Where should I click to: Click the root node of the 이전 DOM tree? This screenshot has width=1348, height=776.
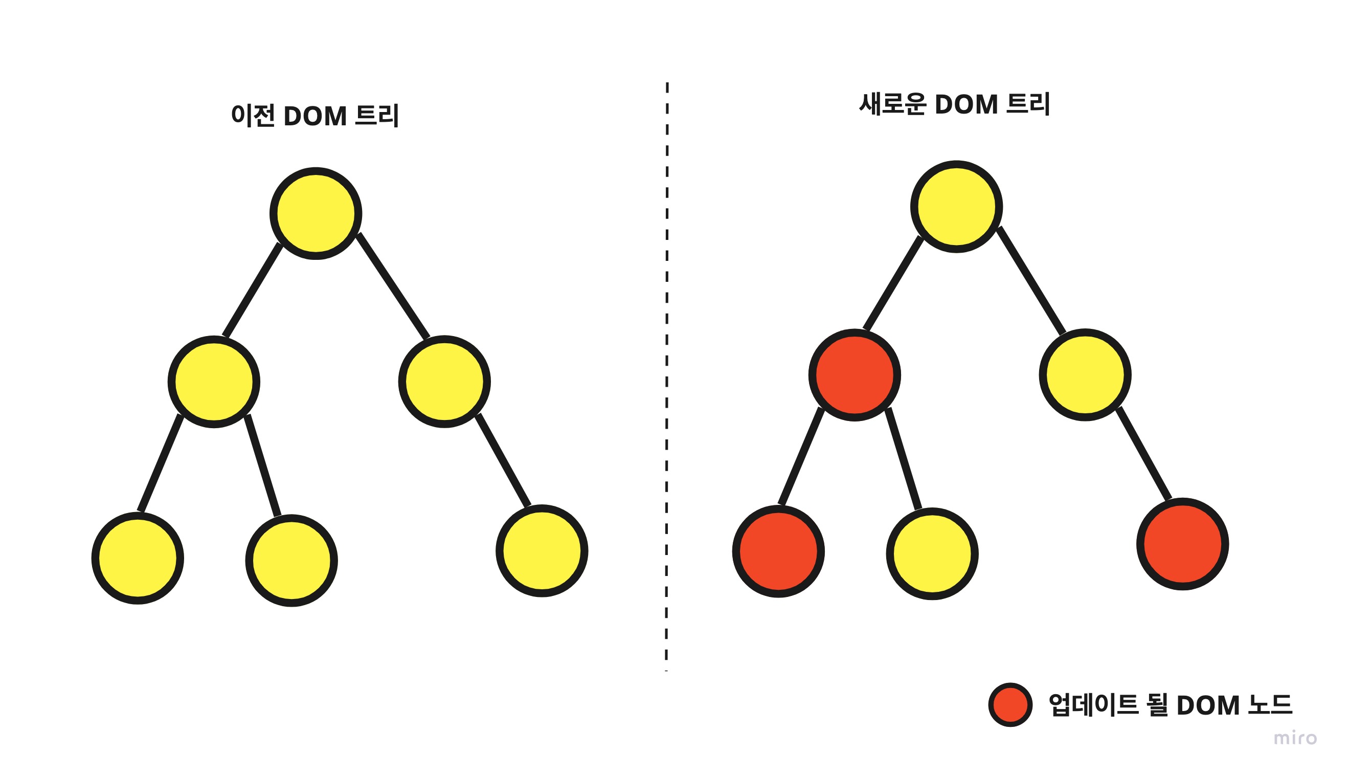click(x=316, y=214)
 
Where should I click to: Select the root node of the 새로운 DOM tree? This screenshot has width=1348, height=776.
click(x=956, y=207)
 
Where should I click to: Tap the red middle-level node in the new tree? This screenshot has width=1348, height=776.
click(x=855, y=375)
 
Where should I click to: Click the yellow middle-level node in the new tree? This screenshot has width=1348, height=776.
click(x=1085, y=375)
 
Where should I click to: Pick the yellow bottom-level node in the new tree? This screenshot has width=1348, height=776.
click(x=932, y=555)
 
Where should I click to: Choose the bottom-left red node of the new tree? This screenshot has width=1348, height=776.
click(x=778, y=551)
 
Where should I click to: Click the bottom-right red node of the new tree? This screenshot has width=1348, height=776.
click(x=1183, y=544)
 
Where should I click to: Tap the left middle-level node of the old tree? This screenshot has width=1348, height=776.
click(x=214, y=382)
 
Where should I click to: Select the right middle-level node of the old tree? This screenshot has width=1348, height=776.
click(x=444, y=382)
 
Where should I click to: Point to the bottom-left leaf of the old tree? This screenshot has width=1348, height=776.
click(x=138, y=558)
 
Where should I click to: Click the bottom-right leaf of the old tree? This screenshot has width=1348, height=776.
click(x=542, y=550)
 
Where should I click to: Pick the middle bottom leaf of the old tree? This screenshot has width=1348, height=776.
click(x=291, y=561)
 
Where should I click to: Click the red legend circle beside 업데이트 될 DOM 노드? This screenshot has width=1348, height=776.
click(x=1010, y=704)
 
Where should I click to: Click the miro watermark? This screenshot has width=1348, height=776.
click(x=1295, y=739)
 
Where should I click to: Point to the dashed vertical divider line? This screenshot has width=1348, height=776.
click(x=666, y=373)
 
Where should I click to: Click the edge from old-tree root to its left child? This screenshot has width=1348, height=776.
click(x=253, y=290)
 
